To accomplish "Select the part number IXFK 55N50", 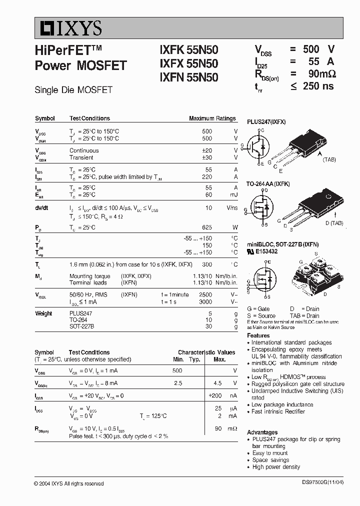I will [188, 50].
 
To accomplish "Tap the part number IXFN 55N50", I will [188, 77].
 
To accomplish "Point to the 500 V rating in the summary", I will [318, 49].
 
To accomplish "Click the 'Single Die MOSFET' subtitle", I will [73, 90].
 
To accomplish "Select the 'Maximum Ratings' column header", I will [212, 118].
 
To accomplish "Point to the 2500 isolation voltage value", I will [205, 295].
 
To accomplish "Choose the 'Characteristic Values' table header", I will [206, 352].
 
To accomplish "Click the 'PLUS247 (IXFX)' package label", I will [266, 122].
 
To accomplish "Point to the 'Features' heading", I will [258, 335].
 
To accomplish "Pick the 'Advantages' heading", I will [262, 432].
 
